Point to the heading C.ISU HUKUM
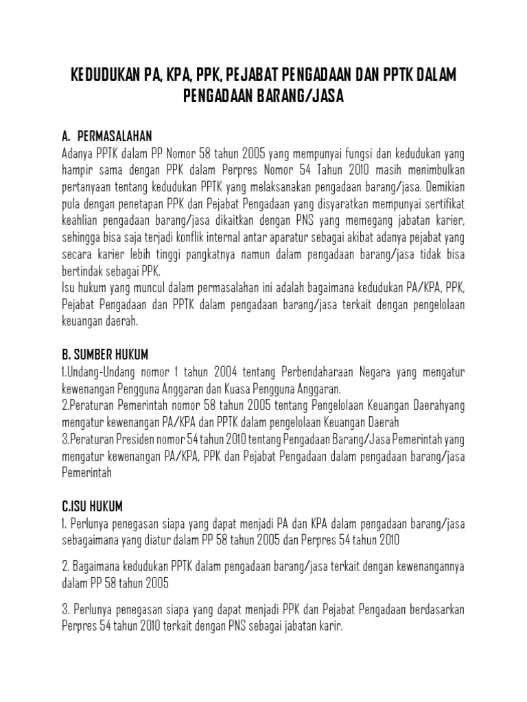point(91,507)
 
